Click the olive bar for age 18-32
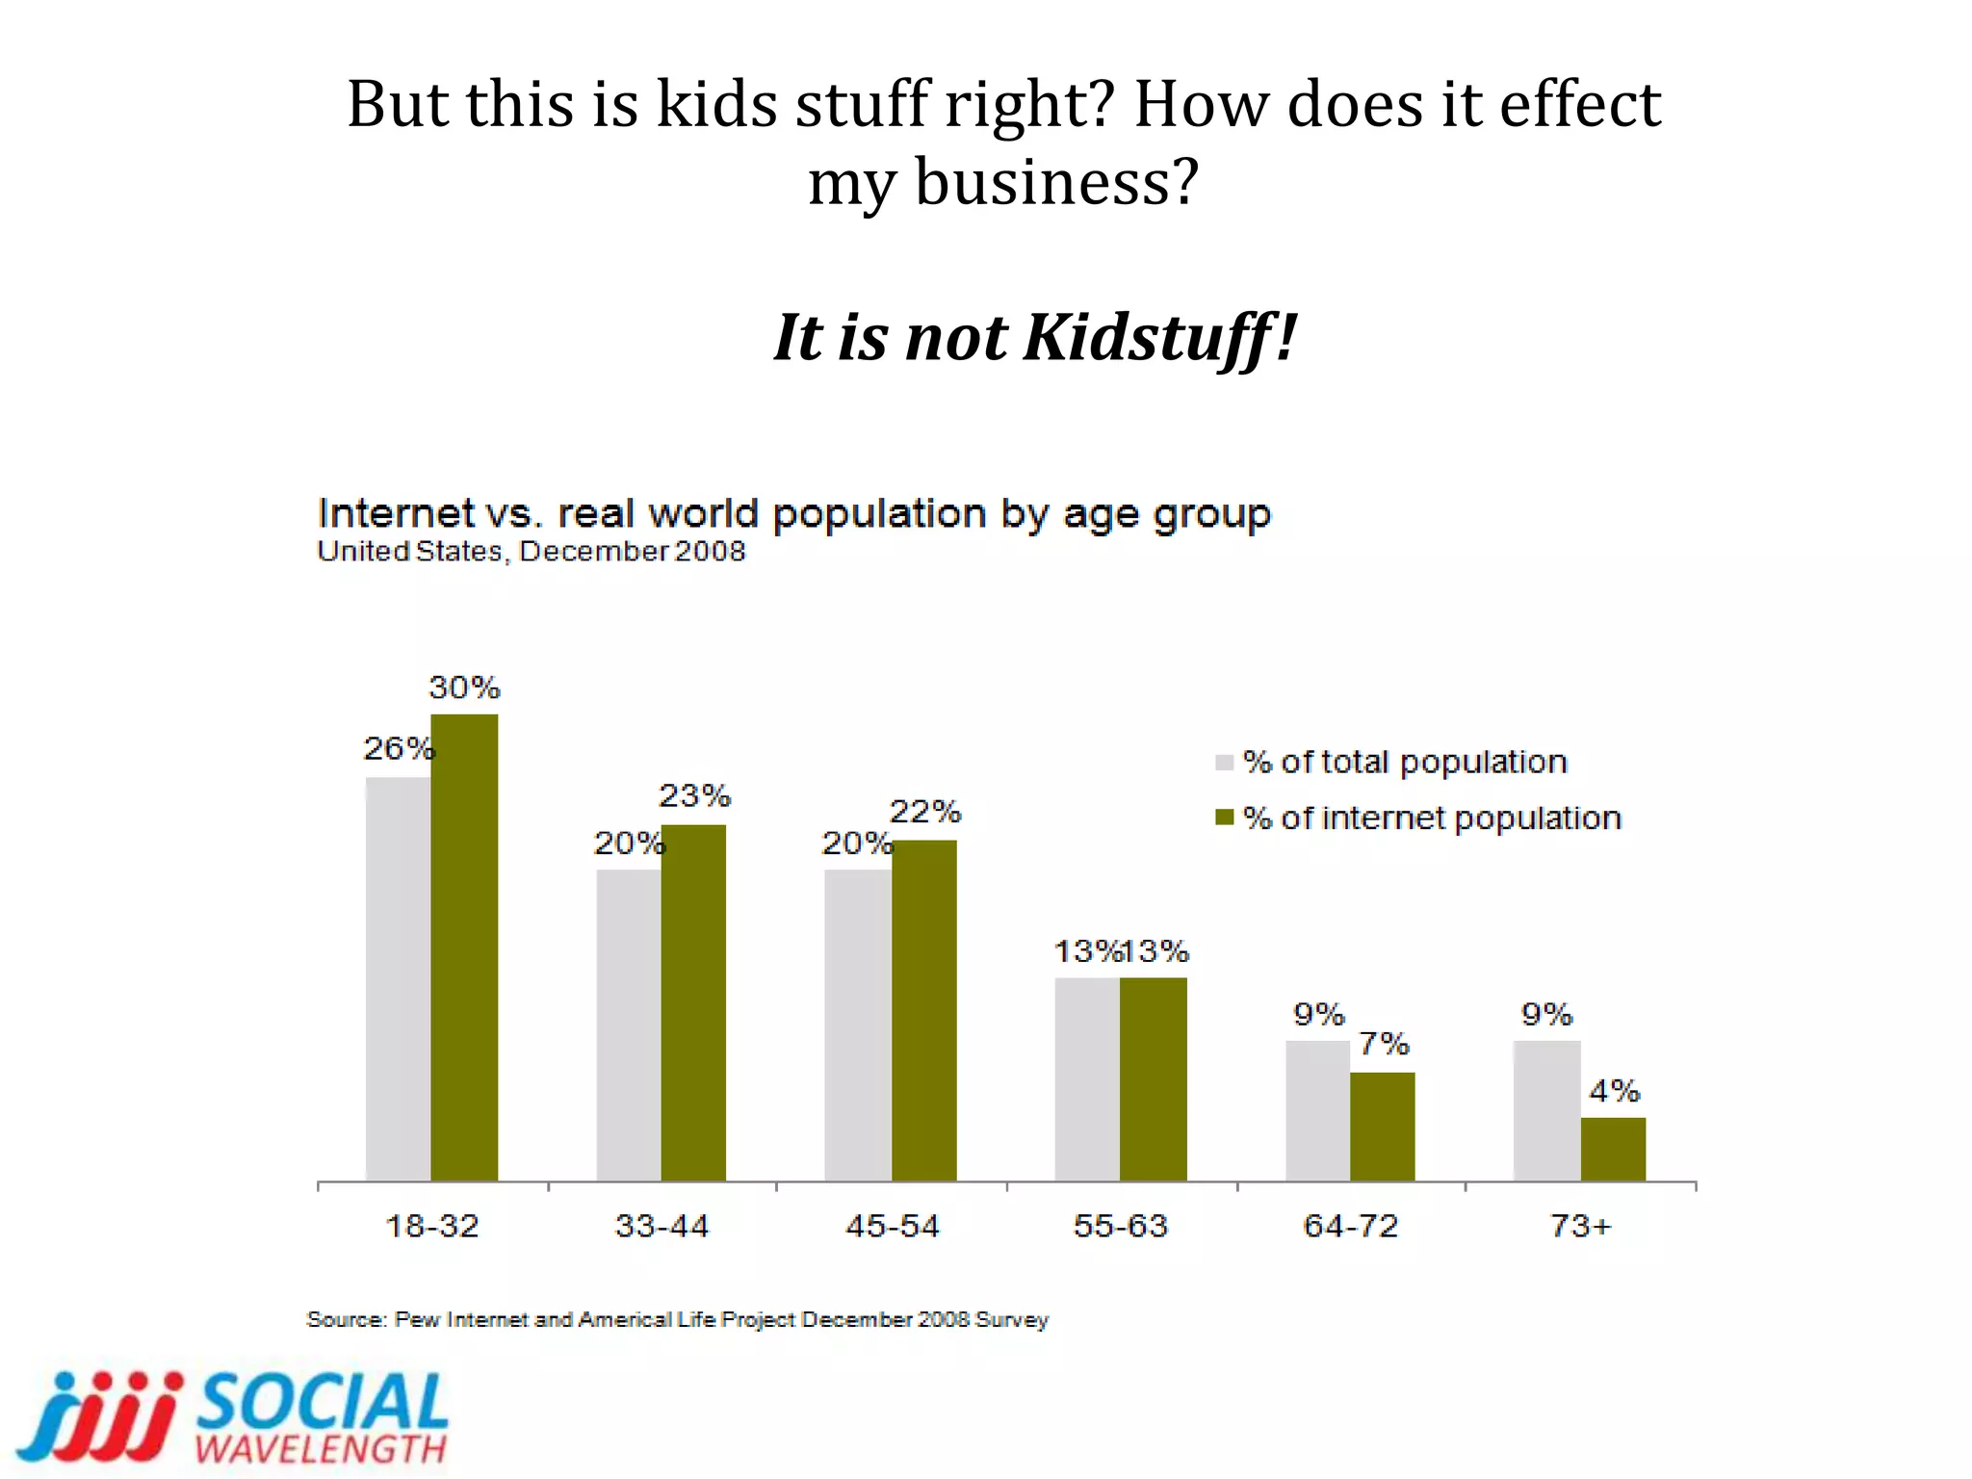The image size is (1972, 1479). (464, 948)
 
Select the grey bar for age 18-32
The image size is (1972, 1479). (398, 979)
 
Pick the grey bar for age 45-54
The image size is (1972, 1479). (857, 1025)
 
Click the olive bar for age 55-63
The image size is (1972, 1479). (1153, 1079)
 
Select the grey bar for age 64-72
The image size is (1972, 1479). (1317, 1111)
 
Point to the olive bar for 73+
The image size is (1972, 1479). (1613, 1150)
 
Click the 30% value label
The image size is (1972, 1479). (464, 688)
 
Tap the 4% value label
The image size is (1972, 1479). (1614, 1091)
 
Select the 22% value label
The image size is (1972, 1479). (924, 812)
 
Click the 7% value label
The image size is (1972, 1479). (1384, 1044)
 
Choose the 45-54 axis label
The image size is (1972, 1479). (892, 1226)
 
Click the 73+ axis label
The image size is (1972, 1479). (1580, 1226)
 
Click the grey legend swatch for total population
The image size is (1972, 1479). (1224, 763)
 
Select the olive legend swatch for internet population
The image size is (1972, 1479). (1224, 817)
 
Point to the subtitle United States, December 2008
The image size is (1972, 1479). (531, 552)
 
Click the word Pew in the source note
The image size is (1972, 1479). (417, 1319)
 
